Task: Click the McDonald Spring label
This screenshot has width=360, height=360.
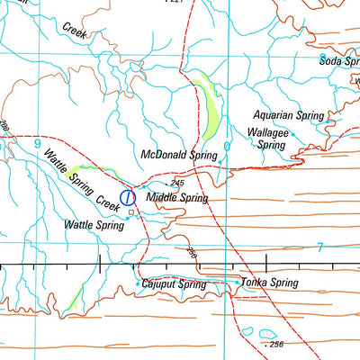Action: pyautogui.click(x=179, y=155)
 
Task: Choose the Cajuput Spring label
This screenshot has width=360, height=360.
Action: pyautogui.click(x=175, y=284)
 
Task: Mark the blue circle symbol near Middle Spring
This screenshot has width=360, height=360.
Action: pyautogui.click(x=128, y=196)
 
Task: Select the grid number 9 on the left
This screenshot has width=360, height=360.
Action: pyautogui.click(x=37, y=143)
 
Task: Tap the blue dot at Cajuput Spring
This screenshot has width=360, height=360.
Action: pyautogui.click(x=137, y=284)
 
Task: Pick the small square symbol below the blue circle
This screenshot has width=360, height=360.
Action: pyautogui.click(x=130, y=212)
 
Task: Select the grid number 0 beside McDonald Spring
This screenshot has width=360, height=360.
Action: pyautogui.click(x=227, y=146)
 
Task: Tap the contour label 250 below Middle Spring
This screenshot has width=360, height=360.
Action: pyautogui.click(x=191, y=253)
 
